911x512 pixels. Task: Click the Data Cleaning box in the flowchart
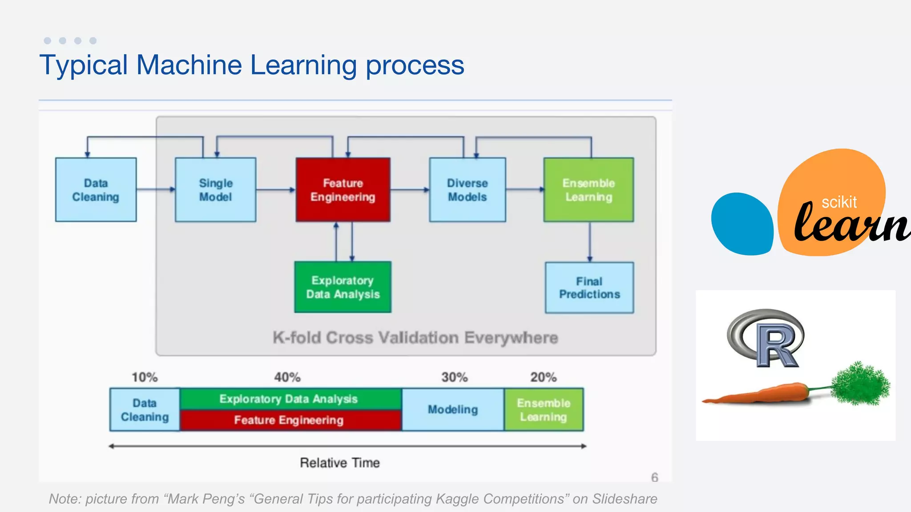tap(96, 190)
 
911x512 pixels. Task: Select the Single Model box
tap(215, 190)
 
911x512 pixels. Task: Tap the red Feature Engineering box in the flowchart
tap(343, 190)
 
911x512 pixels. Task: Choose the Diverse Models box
tap(467, 190)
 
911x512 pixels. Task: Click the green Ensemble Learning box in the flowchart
tap(589, 190)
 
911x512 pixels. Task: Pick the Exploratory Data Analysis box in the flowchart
tap(343, 287)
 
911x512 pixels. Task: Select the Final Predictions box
tap(589, 288)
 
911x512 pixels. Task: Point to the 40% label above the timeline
tap(287, 377)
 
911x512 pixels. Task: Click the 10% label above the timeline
tap(145, 377)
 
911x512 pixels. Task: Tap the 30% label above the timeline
tap(454, 377)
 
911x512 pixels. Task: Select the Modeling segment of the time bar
tap(453, 409)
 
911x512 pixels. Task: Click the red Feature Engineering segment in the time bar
tap(289, 420)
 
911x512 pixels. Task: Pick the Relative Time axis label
tap(340, 463)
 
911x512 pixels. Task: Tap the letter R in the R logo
tap(778, 347)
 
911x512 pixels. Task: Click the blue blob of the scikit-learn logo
tap(742, 224)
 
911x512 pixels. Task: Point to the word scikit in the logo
tap(839, 202)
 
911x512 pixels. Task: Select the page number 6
tap(654, 477)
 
